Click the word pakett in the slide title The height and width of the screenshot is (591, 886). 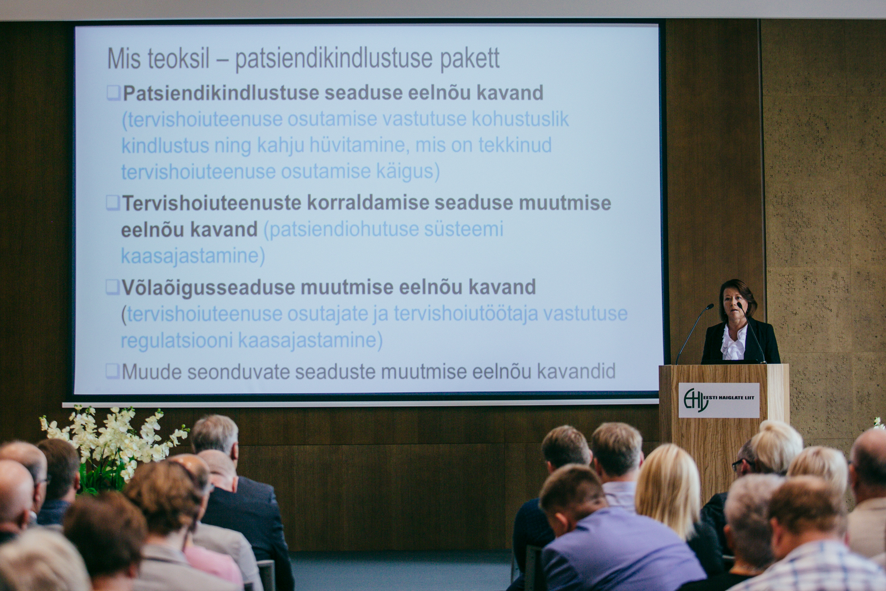(469, 59)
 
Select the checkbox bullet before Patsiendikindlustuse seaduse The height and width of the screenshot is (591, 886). (114, 93)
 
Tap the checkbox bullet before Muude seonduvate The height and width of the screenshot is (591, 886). (112, 371)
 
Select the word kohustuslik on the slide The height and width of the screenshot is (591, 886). (520, 119)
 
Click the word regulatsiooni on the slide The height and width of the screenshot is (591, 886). (177, 341)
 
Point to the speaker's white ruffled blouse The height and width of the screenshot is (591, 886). (734, 342)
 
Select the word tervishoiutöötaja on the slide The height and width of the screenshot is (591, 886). (465, 314)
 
